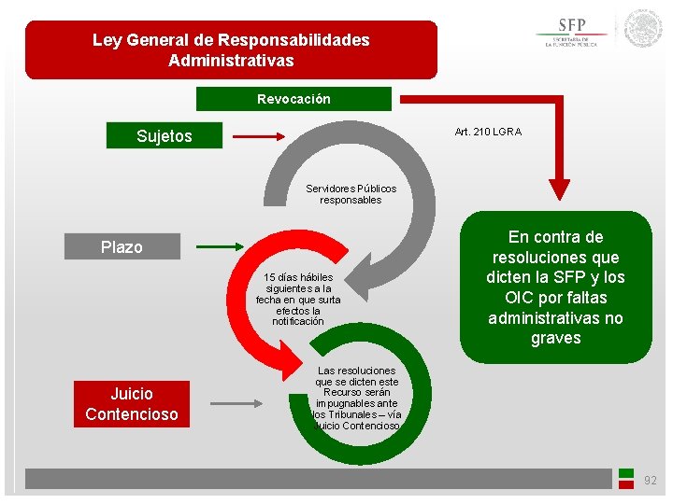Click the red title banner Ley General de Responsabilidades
point(231,49)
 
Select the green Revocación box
point(294,99)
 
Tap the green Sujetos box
point(164,136)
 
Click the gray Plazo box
point(122,247)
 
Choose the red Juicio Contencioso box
point(131,404)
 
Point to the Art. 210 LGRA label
point(488,132)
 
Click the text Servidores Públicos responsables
point(351,194)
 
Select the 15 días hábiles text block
point(298,300)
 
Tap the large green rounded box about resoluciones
point(555,287)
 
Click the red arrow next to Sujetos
point(258,137)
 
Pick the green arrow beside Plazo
point(220,247)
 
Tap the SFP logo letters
point(572,25)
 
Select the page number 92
point(651,481)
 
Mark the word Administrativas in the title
point(231,61)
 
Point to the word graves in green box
point(555,338)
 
